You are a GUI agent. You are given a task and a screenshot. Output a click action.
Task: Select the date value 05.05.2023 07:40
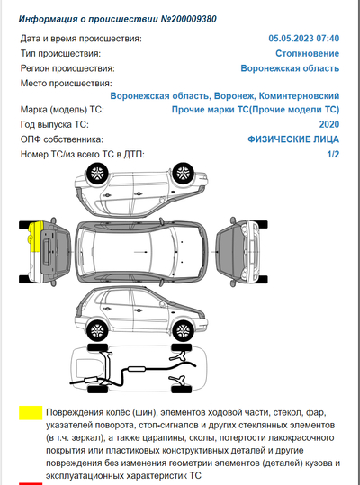click(x=303, y=40)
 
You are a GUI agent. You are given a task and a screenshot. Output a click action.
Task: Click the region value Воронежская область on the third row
click(x=290, y=68)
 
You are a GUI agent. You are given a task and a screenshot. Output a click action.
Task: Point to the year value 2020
click(x=328, y=124)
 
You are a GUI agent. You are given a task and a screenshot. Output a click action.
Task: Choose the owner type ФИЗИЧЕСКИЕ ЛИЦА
click(x=292, y=139)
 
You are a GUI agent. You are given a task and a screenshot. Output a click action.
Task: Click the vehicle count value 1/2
click(x=333, y=154)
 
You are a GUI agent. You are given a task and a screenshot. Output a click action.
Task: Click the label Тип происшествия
click(x=60, y=54)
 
